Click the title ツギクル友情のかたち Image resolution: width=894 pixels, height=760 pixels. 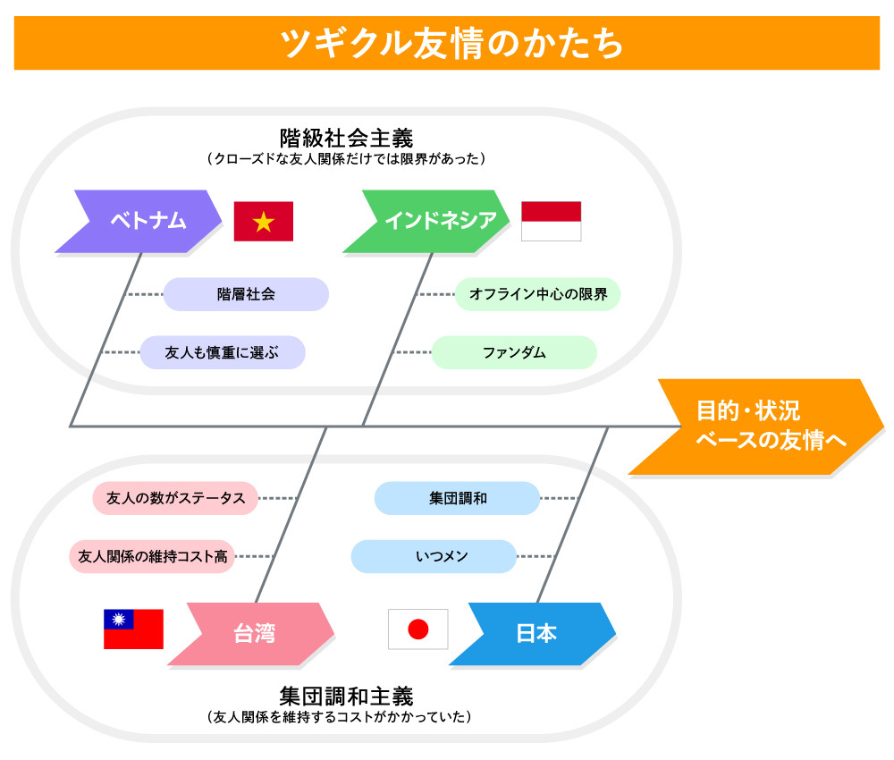446,43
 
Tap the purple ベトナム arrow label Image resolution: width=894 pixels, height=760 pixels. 143,221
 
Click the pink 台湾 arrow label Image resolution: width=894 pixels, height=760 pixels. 254,634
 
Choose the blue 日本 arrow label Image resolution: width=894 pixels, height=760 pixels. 536,634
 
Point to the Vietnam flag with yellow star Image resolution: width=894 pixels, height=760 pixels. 264,222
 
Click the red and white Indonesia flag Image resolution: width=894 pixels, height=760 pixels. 551,221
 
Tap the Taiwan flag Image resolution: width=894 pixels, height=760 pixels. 133,629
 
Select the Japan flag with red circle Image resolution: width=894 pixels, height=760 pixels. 417,629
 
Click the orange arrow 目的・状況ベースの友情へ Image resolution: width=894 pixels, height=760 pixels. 751,426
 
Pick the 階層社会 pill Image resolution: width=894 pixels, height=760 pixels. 246,293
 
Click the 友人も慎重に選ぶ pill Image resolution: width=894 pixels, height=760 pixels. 223,352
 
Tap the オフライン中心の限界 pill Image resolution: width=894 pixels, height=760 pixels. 537,293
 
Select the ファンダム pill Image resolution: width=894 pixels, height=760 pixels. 514,352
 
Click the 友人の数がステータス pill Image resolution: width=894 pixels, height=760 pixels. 175,498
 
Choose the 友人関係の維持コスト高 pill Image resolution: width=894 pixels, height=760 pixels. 152,556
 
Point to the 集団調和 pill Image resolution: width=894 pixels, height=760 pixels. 457,498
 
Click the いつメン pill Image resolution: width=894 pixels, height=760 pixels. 434,556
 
